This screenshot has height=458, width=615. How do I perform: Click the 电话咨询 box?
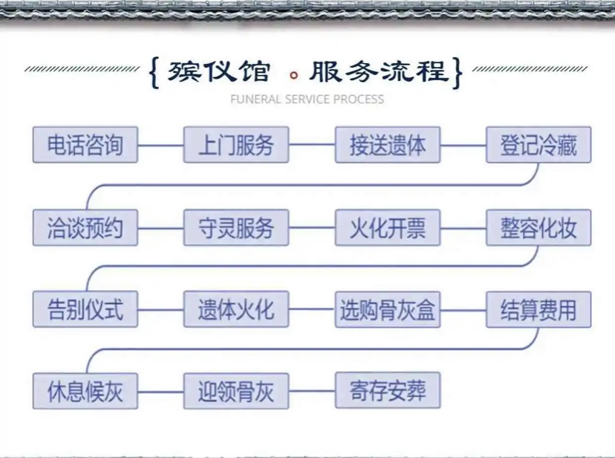point(85,144)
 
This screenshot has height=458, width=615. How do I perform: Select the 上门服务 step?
point(236,144)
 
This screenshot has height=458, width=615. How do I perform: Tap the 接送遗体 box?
point(388,144)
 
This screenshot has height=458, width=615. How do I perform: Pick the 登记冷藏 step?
point(538,144)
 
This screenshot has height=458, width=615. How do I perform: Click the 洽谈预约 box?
point(85,228)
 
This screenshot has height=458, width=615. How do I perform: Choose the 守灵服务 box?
point(236,228)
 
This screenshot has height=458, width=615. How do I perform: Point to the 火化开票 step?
point(388,228)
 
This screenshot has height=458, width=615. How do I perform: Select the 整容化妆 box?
point(538,228)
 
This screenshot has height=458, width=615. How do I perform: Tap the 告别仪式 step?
point(85,309)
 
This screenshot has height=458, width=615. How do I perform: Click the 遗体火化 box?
point(236,309)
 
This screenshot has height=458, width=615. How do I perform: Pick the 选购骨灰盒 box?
point(388,309)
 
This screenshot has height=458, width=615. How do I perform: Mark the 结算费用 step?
point(538,309)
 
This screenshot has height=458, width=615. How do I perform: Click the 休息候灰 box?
point(85,391)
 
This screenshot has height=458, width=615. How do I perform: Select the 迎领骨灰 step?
point(236,391)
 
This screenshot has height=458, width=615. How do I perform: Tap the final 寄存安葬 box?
point(388,390)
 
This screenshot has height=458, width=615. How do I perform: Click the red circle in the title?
point(294,75)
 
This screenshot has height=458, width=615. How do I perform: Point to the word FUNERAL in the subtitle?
point(256,100)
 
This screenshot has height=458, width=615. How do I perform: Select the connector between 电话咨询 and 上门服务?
point(161,145)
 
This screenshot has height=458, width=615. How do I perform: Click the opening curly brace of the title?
point(155,73)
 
